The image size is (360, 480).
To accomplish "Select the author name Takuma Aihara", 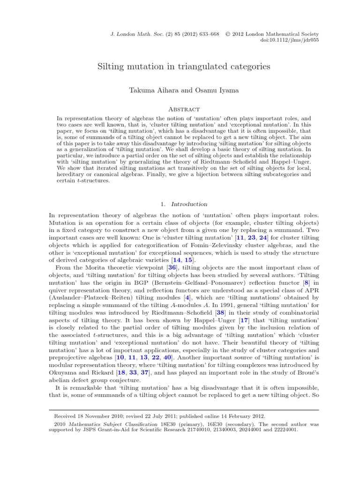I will [148, 90].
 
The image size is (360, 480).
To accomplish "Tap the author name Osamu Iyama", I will [210, 90].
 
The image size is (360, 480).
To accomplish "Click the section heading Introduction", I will [189, 204].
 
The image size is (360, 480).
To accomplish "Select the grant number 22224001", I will [283, 429].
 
